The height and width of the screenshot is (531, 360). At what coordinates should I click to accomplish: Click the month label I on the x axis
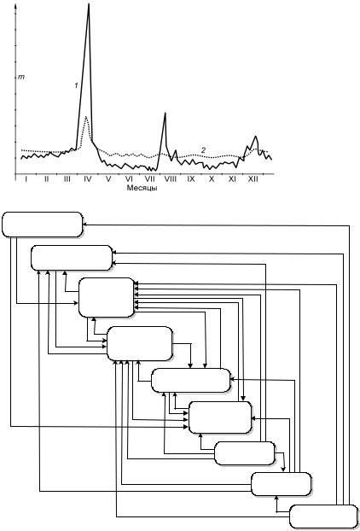(x=26, y=178)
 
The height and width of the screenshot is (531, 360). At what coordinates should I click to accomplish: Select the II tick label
(x=46, y=178)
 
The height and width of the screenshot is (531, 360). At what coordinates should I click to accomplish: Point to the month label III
(x=67, y=178)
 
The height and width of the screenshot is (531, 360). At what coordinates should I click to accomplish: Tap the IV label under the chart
(x=88, y=178)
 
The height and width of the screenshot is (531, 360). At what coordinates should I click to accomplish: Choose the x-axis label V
(x=108, y=178)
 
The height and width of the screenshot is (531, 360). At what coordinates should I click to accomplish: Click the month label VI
(x=129, y=178)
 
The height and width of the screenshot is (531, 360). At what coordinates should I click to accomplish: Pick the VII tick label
(x=149, y=178)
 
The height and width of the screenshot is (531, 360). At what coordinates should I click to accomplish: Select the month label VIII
(x=170, y=178)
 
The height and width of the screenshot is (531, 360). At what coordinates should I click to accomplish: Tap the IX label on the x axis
(x=191, y=178)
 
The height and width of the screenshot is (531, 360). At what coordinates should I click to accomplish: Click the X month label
(x=212, y=178)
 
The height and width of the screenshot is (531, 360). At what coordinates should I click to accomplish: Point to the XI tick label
(x=232, y=178)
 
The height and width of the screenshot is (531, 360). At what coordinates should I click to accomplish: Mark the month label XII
(x=253, y=178)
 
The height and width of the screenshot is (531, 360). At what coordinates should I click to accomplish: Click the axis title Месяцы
(x=142, y=188)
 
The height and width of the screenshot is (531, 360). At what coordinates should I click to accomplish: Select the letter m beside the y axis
(x=21, y=78)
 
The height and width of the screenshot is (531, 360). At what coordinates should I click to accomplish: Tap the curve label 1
(x=77, y=85)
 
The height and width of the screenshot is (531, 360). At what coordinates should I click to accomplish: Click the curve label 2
(x=203, y=150)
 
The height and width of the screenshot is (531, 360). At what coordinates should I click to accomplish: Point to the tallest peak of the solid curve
(x=89, y=4)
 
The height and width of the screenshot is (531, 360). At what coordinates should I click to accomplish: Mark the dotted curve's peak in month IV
(x=86, y=117)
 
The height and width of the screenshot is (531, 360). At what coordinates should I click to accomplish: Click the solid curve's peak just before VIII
(x=165, y=113)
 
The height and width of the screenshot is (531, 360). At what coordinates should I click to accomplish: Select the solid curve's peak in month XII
(x=255, y=137)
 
